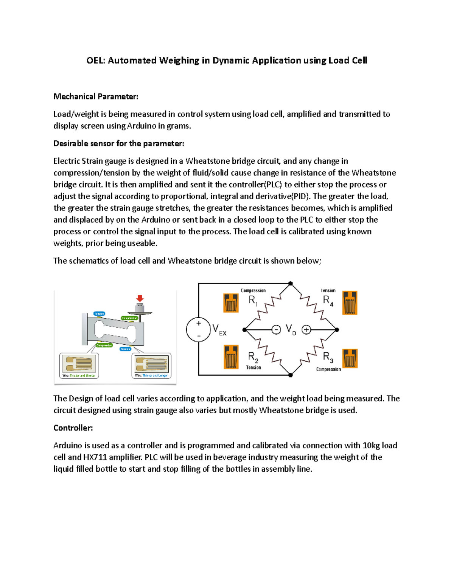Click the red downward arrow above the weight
click(x=140, y=298)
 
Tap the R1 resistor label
click(x=253, y=301)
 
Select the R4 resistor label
click(x=328, y=300)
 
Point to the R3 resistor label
click(x=328, y=357)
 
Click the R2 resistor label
click(x=253, y=357)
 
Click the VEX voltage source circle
click(x=198, y=330)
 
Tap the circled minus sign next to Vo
click(x=276, y=330)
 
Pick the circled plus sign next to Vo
click(x=306, y=330)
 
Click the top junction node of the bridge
click(x=291, y=283)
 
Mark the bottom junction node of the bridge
click(x=291, y=375)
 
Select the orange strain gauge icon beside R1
click(x=231, y=303)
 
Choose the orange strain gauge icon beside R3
click(x=350, y=358)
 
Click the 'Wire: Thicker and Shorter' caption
click(x=79, y=376)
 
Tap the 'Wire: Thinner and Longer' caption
click(x=151, y=376)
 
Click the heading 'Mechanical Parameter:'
click(x=96, y=97)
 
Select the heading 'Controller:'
click(x=73, y=428)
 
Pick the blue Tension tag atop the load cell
click(x=99, y=314)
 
